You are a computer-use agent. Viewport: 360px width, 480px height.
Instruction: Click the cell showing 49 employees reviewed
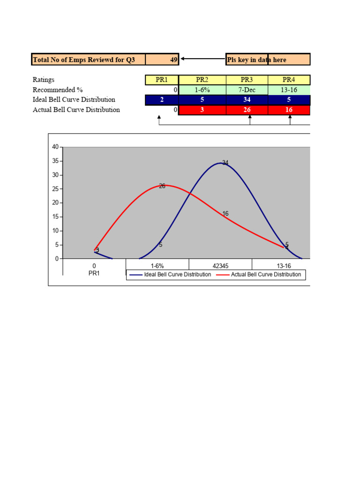162,60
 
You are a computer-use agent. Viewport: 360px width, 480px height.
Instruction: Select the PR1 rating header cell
162,80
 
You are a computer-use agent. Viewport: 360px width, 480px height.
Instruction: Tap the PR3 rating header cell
247,80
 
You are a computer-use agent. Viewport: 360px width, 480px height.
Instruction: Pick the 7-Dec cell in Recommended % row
247,90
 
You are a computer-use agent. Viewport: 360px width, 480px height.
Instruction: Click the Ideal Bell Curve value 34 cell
247,100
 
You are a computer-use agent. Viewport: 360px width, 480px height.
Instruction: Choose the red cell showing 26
247,110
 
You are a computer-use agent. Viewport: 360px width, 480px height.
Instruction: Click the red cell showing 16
289,110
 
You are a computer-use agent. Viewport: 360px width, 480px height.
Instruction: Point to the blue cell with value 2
162,100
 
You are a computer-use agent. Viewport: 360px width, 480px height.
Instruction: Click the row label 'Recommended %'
58,90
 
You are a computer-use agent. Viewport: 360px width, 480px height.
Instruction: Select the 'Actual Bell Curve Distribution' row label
76,110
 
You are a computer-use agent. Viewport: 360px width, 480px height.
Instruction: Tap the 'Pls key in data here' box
268,60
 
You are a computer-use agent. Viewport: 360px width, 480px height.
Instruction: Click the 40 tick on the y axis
55,147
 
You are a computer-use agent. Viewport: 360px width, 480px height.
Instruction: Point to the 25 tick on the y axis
55,189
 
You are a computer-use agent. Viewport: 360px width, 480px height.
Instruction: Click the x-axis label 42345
220,266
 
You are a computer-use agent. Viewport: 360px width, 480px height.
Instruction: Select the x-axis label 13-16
284,266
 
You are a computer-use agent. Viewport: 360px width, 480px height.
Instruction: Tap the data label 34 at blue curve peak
225,163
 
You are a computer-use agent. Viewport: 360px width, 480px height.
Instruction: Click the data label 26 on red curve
162,186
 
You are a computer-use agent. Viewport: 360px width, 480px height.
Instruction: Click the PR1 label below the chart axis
94,274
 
